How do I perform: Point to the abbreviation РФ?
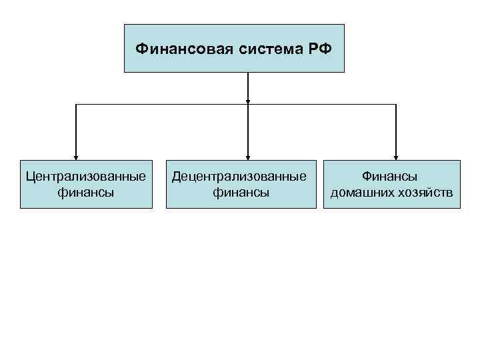click(x=316, y=49)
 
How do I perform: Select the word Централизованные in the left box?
click(x=86, y=177)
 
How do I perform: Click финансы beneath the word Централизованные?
click(x=86, y=193)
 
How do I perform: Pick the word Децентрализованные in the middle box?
click(x=240, y=177)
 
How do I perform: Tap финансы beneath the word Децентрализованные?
click(x=240, y=193)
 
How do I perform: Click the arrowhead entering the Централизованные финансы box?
click(x=76, y=157)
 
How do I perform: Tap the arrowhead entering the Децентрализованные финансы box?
click(x=248, y=157)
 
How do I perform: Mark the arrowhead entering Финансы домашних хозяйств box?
click(x=395, y=157)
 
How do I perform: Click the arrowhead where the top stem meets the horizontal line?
click(x=248, y=101)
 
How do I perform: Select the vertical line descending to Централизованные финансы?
click(x=76, y=130)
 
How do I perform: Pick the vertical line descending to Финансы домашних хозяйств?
click(x=395, y=130)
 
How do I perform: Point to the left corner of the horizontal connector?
click(x=76, y=105)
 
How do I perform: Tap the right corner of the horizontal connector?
click(x=395, y=105)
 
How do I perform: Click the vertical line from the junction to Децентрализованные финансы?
click(x=248, y=130)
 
